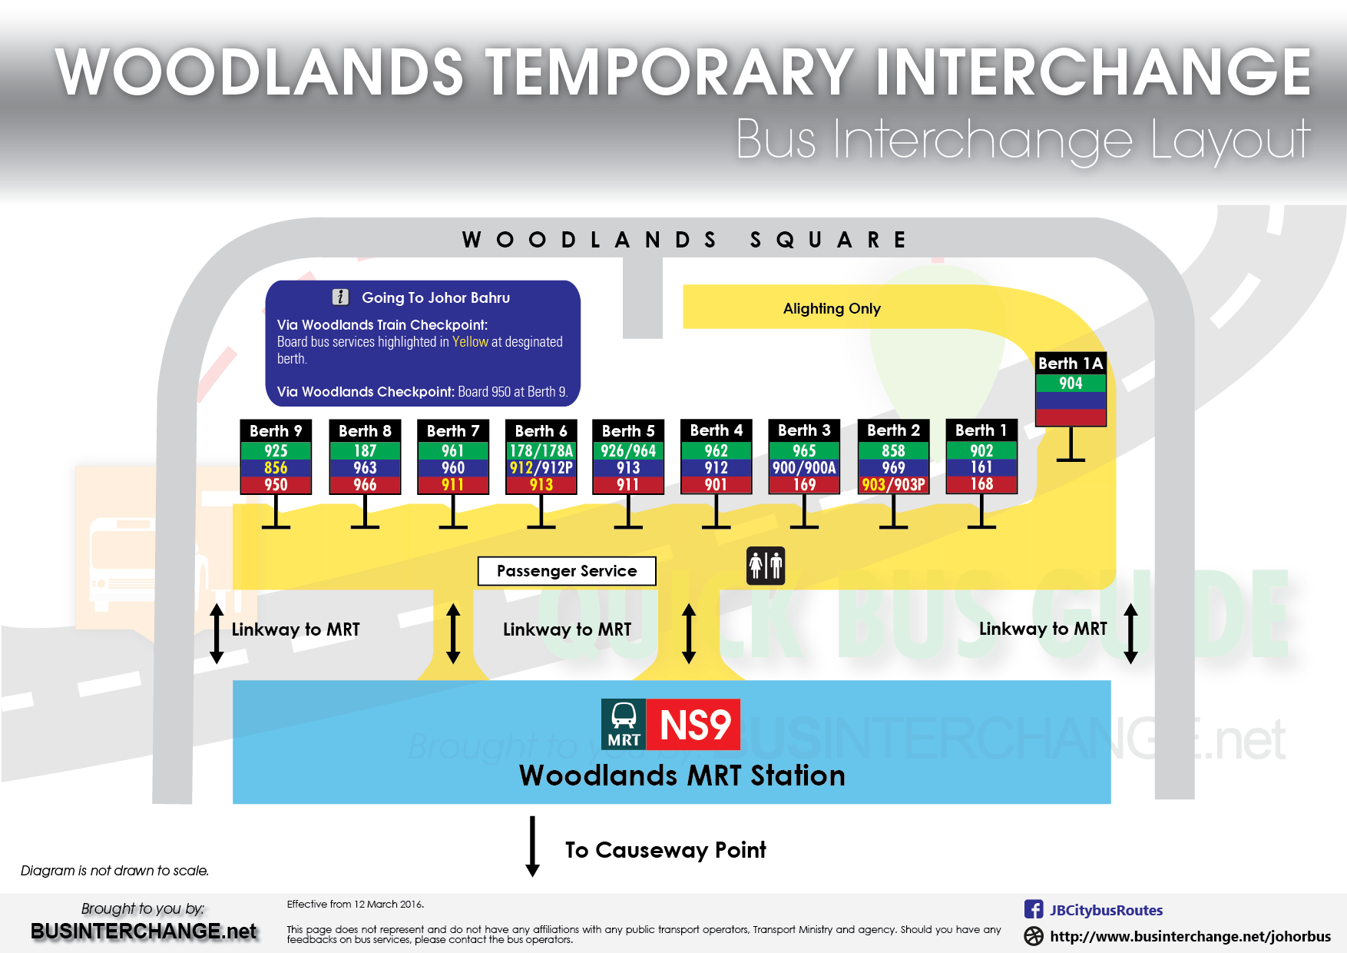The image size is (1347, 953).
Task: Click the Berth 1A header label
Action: (1071, 364)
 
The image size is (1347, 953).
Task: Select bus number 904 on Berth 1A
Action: (1071, 384)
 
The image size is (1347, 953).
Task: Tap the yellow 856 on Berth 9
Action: (276, 468)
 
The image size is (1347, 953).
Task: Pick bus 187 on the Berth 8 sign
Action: (365, 451)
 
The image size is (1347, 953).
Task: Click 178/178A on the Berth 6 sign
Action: (541, 451)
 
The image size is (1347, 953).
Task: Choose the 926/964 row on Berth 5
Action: (628, 451)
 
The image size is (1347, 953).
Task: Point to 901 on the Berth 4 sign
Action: (716, 485)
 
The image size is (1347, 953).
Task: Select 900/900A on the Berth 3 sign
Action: (804, 468)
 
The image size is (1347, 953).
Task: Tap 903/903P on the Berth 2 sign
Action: (893, 485)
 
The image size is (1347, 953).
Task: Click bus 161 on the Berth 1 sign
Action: (981, 467)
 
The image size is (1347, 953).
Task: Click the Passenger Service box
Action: (567, 571)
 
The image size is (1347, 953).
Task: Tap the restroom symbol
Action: (766, 566)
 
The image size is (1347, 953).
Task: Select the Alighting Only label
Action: (832, 309)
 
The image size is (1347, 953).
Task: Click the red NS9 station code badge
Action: (694, 725)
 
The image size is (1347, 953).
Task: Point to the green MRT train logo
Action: (624, 724)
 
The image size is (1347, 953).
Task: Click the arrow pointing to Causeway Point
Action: (532, 846)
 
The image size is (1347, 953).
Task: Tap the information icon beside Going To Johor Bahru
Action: (340, 297)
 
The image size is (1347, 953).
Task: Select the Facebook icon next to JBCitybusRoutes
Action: (1034, 909)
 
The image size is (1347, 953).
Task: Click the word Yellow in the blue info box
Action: (470, 342)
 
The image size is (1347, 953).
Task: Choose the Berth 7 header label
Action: (453, 431)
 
